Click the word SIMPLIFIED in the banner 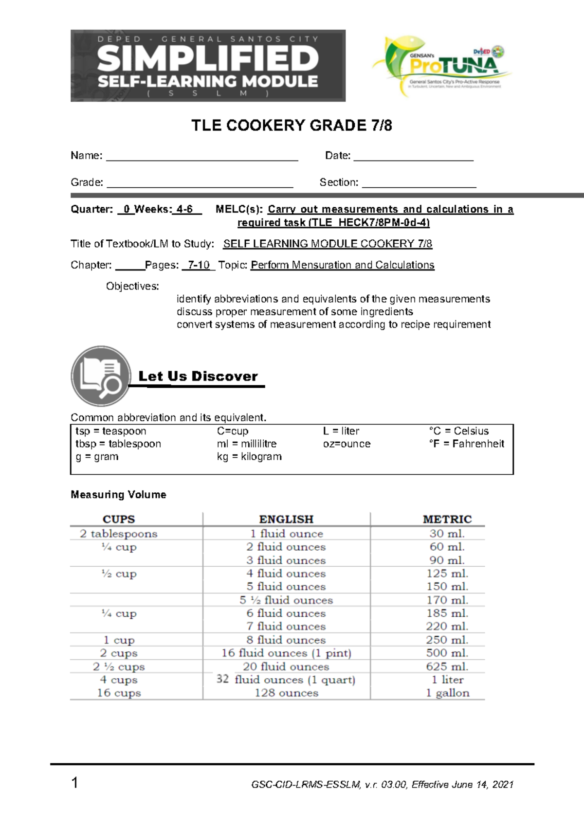tap(208, 59)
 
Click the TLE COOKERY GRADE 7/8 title tap(292, 126)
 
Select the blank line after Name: tap(201, 157)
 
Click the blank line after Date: tap(413, 157)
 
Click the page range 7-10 tap(199, 265)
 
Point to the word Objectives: tap(132, 287)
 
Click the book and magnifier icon tap(101, 376)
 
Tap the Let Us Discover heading tap(198, 376)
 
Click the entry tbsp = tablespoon tap(118, 444)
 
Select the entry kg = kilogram tap(249, 457)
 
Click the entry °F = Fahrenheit tap(466, 444)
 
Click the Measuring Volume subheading tap(118, 495)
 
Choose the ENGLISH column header tap(286, 519)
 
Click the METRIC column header tap(447, 519)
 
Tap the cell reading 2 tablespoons tap(119, 534)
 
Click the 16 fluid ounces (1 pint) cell tap(286, 653)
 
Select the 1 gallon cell tap(447, 693)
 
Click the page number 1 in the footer tap(74, 783)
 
